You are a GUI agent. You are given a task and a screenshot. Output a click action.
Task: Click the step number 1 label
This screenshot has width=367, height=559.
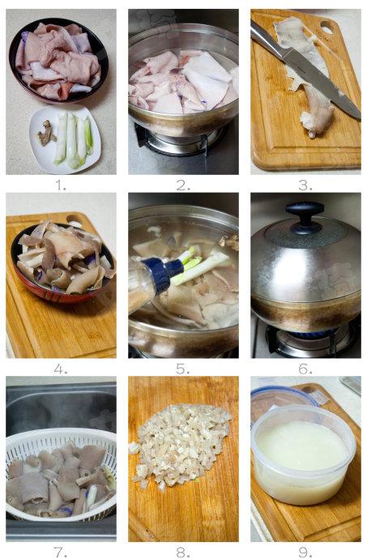[x=61, y=185]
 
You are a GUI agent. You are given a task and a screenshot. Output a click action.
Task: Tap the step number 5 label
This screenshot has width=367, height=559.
[x=182, y=369]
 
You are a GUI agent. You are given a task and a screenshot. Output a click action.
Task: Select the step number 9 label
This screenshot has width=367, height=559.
[x=305, y=553]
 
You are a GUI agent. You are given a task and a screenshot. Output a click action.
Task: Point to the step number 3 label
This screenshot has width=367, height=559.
[x=305, y=185]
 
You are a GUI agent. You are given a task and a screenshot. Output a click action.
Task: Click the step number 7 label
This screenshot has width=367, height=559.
[x=61, y=553]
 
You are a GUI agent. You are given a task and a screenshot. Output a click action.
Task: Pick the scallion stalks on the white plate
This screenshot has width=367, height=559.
[x=73, y=140]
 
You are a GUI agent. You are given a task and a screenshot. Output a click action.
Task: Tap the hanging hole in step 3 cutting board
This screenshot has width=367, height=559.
[x=326, y=28]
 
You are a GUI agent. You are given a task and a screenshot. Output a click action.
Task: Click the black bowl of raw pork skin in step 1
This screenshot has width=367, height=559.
[x=58, y=61]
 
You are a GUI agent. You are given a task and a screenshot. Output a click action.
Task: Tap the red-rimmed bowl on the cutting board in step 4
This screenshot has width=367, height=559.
[x=62, y=263]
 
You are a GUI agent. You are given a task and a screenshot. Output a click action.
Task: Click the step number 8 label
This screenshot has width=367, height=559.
[x=182, y=553]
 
